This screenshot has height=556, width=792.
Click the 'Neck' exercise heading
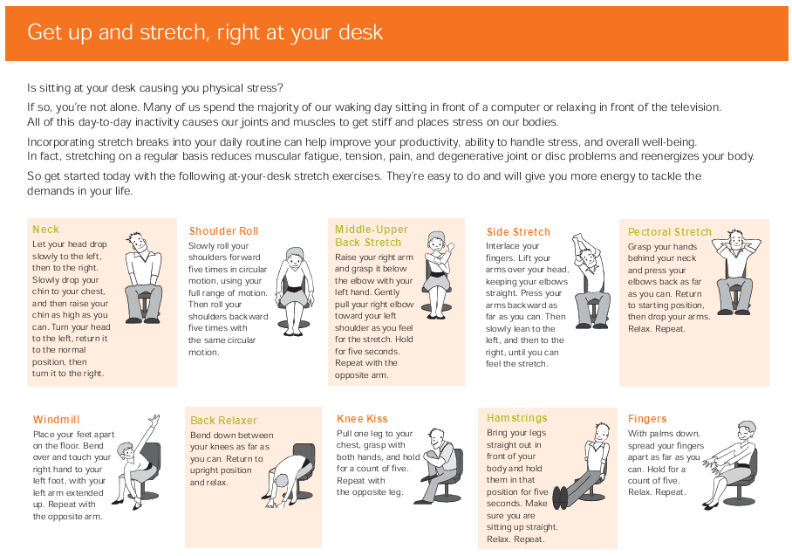[45, 230]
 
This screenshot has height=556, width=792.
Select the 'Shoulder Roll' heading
[224, 231]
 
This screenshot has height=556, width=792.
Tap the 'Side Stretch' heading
[518, 232]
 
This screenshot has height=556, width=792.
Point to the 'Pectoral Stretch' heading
[670, 232]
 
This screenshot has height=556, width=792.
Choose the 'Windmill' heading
[56, 420]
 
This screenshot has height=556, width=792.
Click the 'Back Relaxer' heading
[224, 421]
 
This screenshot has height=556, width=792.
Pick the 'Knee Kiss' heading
[362, 418]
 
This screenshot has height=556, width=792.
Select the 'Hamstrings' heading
[517, 418]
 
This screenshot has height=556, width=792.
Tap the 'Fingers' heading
[647, 418]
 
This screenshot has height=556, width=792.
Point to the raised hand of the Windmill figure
[154, 421]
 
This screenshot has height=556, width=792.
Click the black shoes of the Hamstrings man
[560, 498]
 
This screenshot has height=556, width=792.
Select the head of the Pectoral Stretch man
[737, 239]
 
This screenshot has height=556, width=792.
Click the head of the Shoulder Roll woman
[293, 257]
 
